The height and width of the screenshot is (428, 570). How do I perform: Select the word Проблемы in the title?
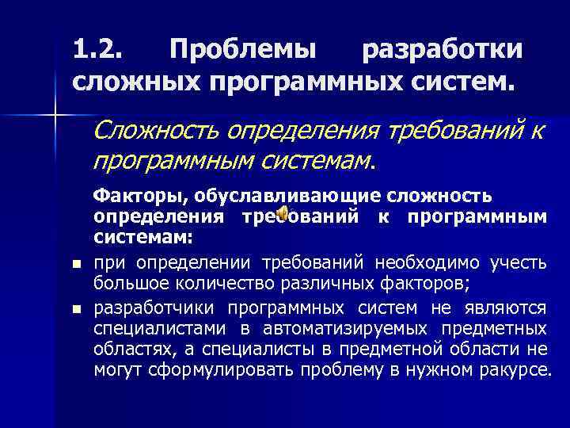tap(242, 49)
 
